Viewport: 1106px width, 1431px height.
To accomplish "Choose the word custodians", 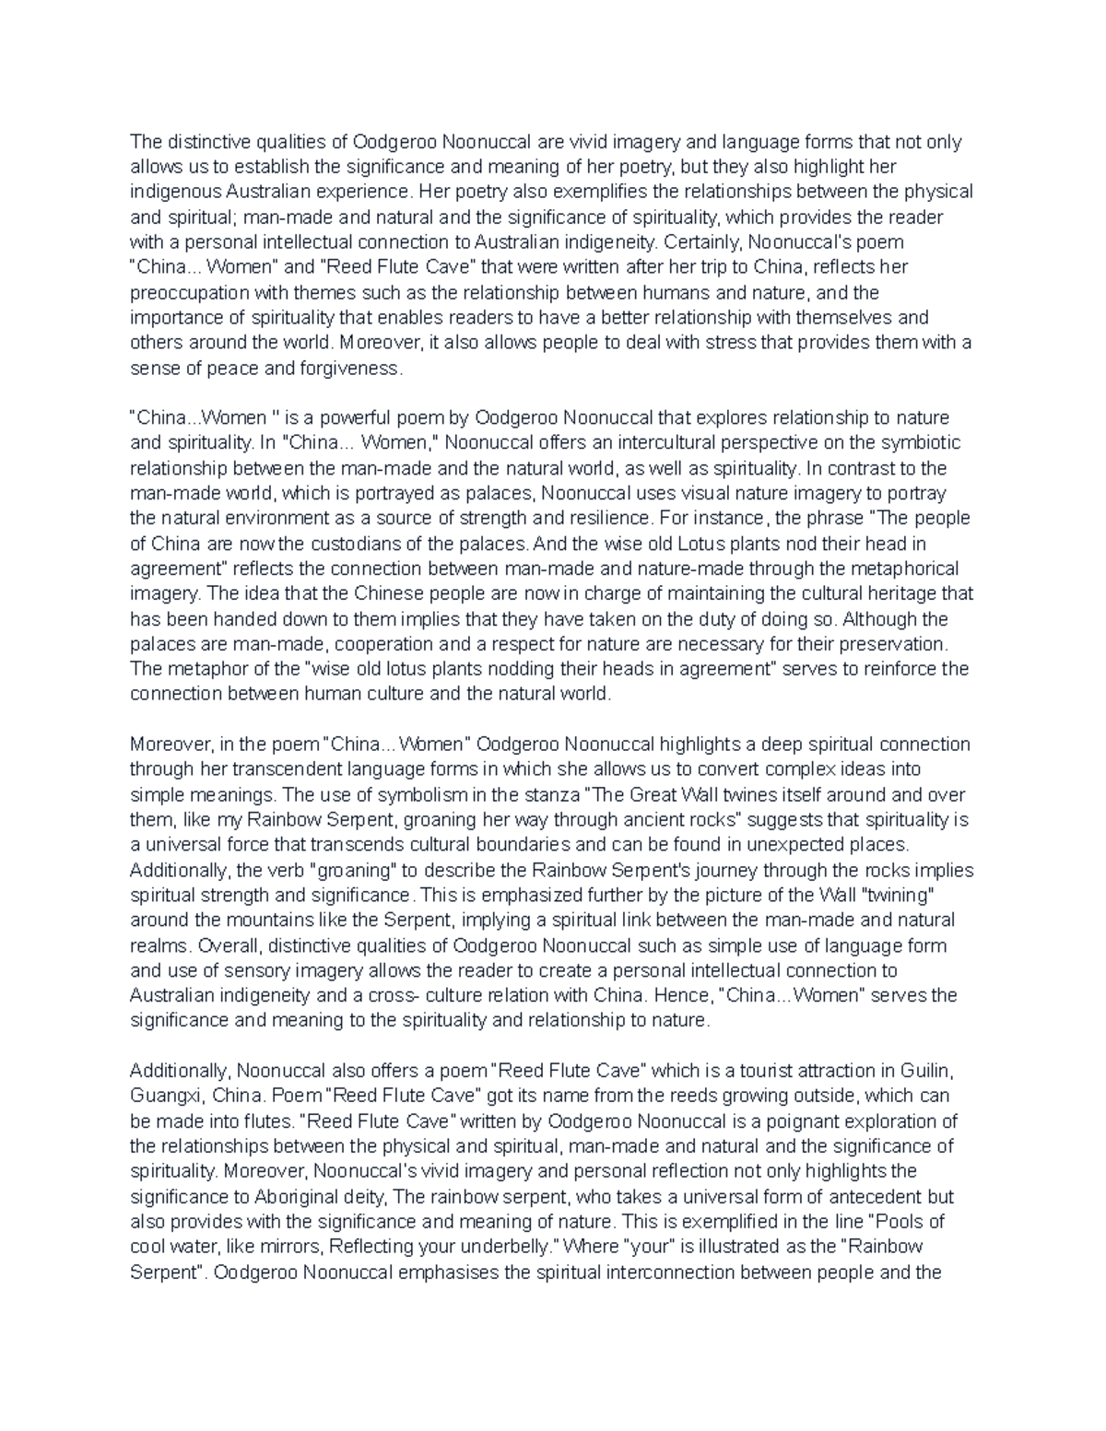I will [339, 544].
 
